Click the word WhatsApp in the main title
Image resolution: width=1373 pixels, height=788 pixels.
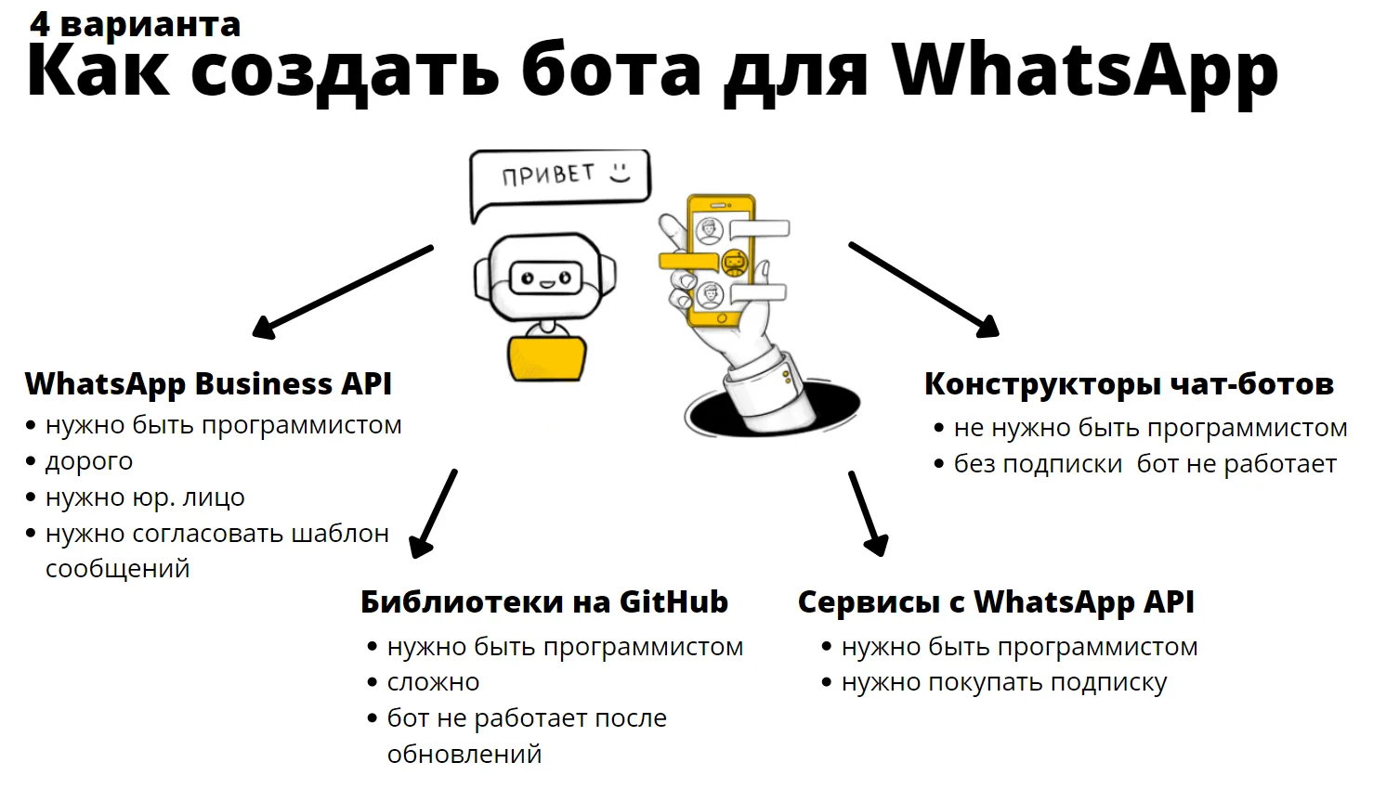click(x=1085, y=71)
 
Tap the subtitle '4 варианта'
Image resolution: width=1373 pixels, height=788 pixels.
click(x=135, y=24)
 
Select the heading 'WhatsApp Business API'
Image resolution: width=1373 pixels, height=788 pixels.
click(x=208, y=384)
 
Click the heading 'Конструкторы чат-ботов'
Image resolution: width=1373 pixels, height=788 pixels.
click(x=1129, y=384)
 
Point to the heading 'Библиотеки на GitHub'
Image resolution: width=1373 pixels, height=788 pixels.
click(x=544, y=601)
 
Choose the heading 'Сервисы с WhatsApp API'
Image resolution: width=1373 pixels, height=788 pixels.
click(x=996, y=602)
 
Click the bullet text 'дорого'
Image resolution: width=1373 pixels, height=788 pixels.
click(x=89, y=461)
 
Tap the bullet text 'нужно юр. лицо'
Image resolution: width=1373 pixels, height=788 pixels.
click(x=145, y=497)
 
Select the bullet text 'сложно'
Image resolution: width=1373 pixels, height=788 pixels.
click(x=433, y=682)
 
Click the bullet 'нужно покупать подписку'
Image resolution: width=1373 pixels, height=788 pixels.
click(x=1004, y=683)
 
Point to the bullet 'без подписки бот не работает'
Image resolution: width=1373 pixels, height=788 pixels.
click(x=1145, y=464)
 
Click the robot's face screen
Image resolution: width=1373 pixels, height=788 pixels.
click(x=545, y=279)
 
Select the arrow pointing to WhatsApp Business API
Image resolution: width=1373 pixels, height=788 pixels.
click(x=344, y=292)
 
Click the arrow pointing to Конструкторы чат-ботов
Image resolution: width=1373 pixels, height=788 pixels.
click(x=924, y=290)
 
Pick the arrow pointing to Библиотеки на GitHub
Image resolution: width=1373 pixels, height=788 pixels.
click(x=433, y=513)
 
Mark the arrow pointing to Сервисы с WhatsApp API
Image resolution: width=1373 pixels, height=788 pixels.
click(x=869, y=513)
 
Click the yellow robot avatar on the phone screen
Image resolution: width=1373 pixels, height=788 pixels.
click(x=734, y=264)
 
